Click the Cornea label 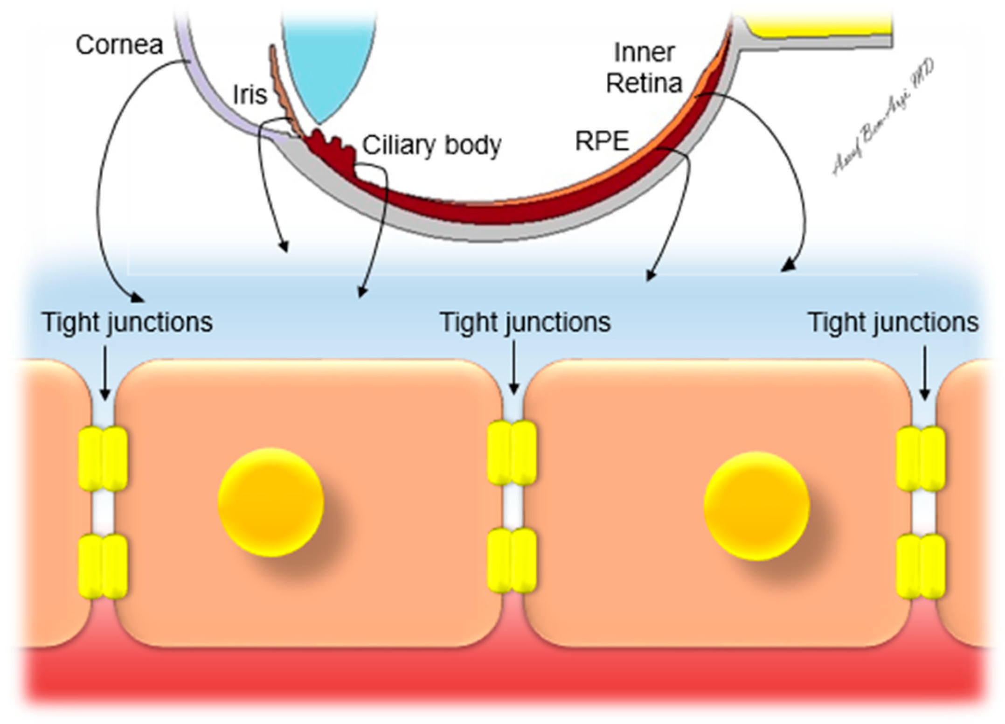coord(119,45)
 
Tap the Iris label coord(250,95)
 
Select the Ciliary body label coord(432,145)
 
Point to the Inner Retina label coord(644,68)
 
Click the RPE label coord(602,141)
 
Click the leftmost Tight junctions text coord(127,322)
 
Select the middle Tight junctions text coord(525,322)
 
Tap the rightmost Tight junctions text coord(893,322)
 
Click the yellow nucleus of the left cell coord(271,502)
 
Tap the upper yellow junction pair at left coord(103,459)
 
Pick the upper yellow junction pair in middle coord(512,452)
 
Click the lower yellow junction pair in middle coord(512,560)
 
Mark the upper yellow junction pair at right coord(921,459)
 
